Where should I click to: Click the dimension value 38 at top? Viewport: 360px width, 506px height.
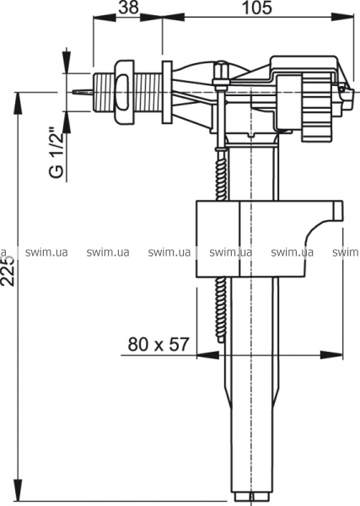[x=128, y=8]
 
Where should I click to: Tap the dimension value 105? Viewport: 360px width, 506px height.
[x=257, y=8]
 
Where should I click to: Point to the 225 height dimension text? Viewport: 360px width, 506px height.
[x=8, y=271]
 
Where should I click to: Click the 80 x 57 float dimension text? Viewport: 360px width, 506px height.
[x=158, y=344]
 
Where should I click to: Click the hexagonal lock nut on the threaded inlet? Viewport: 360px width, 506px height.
[x=124, y=92]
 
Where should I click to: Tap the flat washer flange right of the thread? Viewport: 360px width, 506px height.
[x=167, y=92]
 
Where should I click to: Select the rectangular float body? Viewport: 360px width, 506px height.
[x=270, y=239]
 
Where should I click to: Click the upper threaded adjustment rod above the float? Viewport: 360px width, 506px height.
[x=221, y=176]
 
